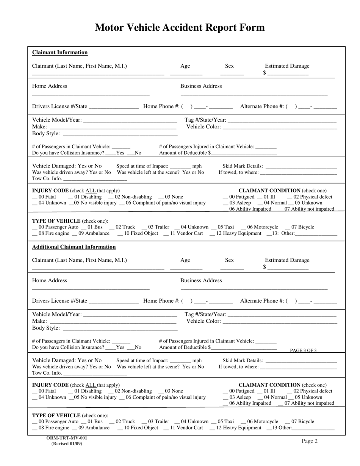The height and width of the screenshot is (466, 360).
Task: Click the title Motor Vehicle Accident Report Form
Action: (x=180, y=28)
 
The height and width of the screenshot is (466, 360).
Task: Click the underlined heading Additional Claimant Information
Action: (x=74, y=247)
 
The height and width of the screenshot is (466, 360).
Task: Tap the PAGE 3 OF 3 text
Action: (x=303, y=350)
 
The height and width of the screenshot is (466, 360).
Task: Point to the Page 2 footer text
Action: (x=310, y=441)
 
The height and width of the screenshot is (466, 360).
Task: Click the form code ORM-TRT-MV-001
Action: (x=67, y=438)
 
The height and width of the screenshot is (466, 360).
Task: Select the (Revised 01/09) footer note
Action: (x=67, y=444)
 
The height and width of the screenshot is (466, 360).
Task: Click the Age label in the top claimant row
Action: (x=185, y=66)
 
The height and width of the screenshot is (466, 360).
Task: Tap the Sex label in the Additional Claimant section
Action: (x=229, y=260)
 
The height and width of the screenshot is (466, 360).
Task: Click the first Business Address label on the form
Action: (x=201, y=86)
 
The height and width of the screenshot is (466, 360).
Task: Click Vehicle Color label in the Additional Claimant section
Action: (x=203, y=321)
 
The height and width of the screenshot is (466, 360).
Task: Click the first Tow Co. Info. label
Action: (x=47, y=178)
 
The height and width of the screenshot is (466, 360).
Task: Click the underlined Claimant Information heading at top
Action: (x=60, y=53)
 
